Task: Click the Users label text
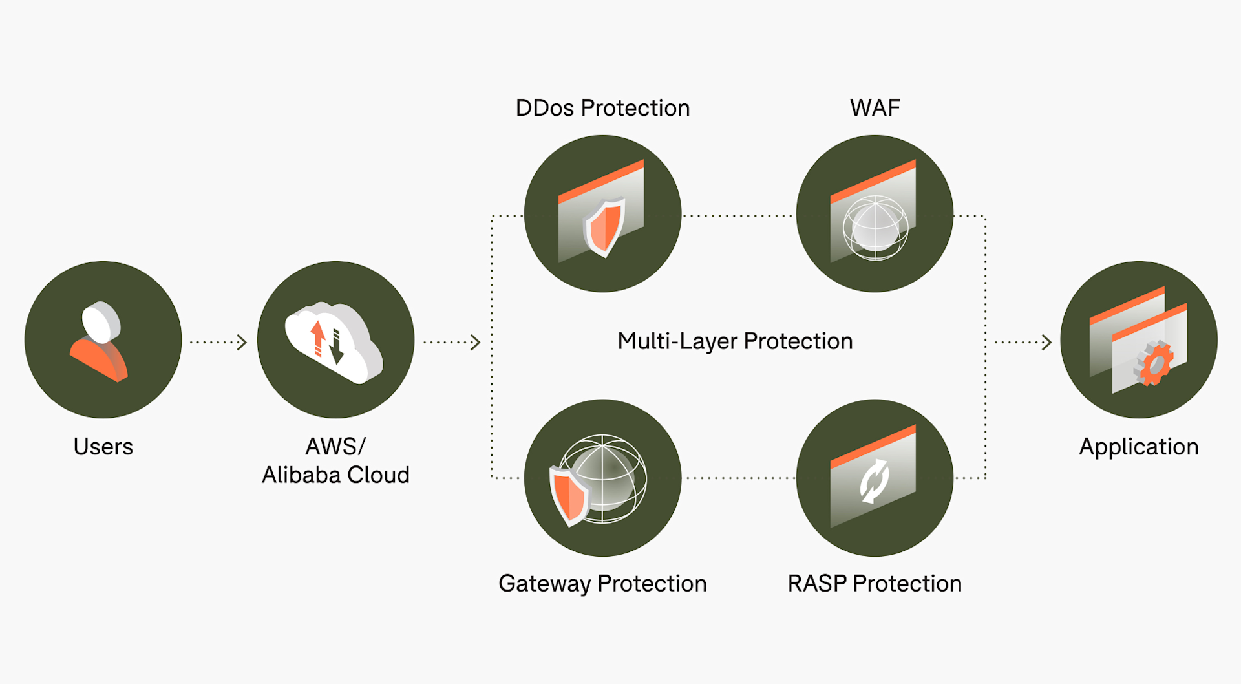[103, 447]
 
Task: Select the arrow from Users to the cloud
[218, 342]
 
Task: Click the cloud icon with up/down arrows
[334, 341]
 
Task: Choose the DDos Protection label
[602, 108]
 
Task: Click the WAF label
[875, 108]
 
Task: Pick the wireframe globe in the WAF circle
[875, 228]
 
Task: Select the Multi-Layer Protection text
[735, 341]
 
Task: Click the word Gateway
[544, 584]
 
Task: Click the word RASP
[816, 584]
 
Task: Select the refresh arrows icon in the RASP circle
[875, 480]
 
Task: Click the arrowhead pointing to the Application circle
[1046, 342]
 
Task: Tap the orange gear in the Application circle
[1154, 363]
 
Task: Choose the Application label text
[1138, 447]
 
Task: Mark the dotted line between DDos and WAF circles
[738, 216]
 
